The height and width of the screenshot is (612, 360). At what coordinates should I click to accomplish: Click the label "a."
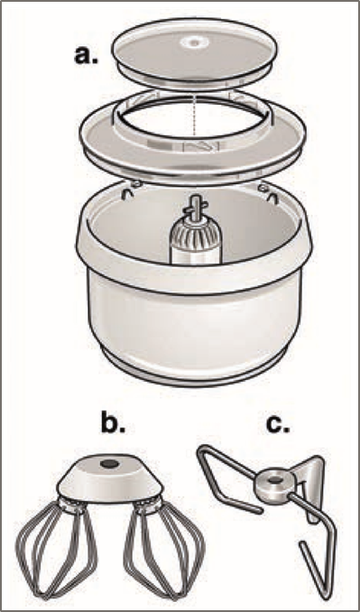click(x=87, y=56)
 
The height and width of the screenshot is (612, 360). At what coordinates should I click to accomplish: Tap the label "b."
click(x=113, y=425)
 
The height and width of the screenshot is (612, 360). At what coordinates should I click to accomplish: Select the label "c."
click(x=279, y=425)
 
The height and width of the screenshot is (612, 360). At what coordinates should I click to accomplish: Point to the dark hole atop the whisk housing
click(x=109, y=464)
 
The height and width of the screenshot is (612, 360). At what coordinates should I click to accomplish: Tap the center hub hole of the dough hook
click(x=272, y=478)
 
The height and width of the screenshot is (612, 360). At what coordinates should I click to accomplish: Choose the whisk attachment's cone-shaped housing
click(x=110, y=479)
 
